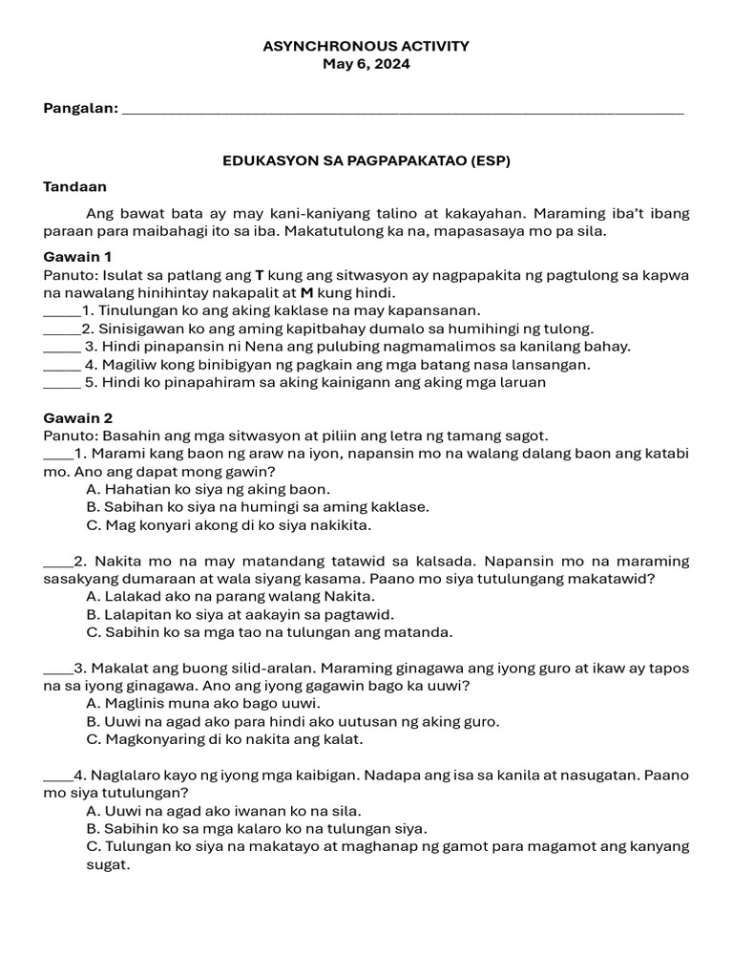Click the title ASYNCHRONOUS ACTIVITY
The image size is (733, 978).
point(366,46)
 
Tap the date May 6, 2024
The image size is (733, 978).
point(366,64)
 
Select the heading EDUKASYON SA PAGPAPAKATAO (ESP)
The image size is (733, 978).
point(366,160)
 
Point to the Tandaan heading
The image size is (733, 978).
point(75,187)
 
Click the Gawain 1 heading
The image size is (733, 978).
point(78,257)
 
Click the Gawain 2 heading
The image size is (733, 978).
point(78,417)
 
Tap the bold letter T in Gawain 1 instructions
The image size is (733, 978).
point(260,275)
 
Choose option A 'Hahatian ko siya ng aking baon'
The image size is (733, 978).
point(208,489)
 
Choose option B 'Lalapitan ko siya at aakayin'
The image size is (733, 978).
point(240,614)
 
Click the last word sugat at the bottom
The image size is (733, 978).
point(106,865)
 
